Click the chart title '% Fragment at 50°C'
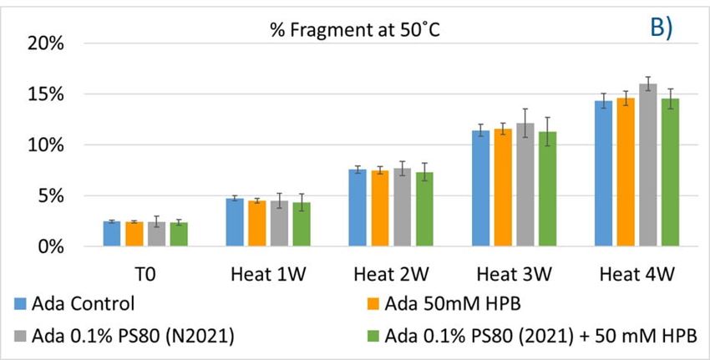coord(354,31)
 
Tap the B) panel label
coord(661,27)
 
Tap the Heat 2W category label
coord(391,274)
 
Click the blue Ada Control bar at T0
coord(112,234)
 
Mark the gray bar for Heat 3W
coord(525,185)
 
